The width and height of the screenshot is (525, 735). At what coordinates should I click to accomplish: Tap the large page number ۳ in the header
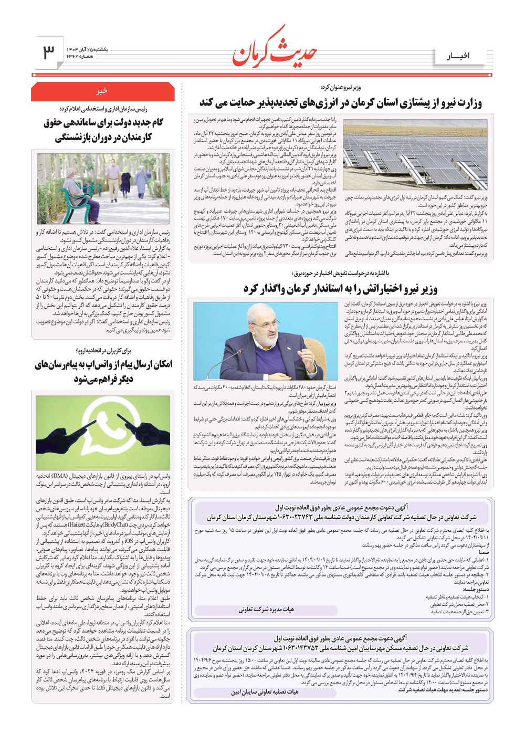(x=49, y=52)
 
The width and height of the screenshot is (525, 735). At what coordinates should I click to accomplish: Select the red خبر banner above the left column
(x=102, y=91)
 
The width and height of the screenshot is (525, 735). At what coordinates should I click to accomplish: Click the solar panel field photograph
(x=415, y=152)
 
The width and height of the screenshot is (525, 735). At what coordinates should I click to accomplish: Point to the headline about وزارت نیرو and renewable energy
(x=340, y=102)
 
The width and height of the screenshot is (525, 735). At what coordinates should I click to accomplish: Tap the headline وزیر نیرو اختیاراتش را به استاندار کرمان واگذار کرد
(x=340, y=288)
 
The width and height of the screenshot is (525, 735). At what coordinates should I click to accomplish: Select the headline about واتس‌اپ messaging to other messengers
(x=103, y=371)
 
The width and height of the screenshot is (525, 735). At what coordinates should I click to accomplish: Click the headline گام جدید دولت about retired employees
(x=103, y=130)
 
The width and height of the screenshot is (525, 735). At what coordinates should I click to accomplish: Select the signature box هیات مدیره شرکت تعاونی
(x=266, y=610)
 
